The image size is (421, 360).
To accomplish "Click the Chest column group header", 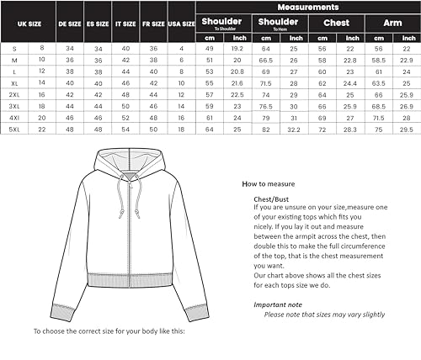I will point(336,23).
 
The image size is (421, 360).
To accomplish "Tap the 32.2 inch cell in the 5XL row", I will point(294,130).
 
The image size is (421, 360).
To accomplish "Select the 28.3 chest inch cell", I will point(349,130).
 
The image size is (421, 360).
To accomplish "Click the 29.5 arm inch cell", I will point(405,130).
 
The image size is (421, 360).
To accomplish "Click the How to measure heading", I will point(268,183).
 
